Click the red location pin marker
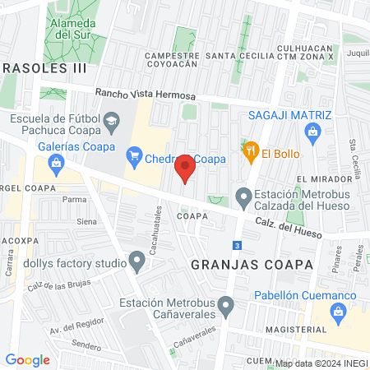point(185,168)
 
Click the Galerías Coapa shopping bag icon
point(55,162)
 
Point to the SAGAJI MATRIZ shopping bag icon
point(312,132)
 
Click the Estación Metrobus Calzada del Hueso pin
point(243,197)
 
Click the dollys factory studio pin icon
point(137,263)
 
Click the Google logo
point(27,359)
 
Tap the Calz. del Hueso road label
point(288,224)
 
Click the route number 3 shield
point(237,245)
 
